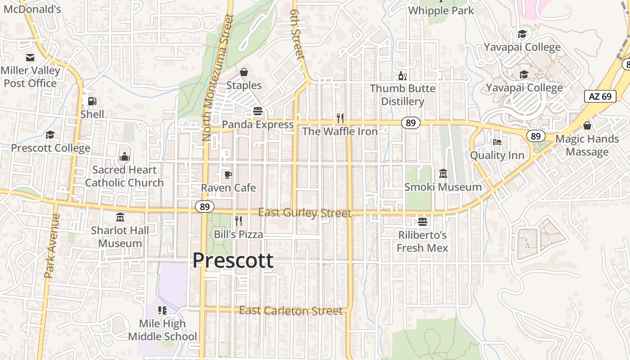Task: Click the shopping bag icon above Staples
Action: (244, 72)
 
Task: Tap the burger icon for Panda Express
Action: (258, 111)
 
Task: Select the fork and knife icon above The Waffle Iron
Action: (340, 118)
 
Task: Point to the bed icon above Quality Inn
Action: (497, 142)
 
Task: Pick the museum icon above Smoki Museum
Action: (443, 173)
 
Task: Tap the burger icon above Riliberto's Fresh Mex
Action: (422, 222)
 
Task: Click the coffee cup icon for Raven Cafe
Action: (228, 175)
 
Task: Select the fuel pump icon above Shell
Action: (92, 101)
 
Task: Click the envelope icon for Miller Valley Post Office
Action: (30, 58)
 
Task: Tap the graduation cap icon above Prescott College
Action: (50, 135)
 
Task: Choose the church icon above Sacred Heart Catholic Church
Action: (124, 157)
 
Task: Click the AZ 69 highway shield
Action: (600, 96)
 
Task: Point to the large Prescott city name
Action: (233, 261)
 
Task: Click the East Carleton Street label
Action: (291, 311)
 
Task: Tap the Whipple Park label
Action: (441, 10)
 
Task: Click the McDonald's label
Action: (31, 9)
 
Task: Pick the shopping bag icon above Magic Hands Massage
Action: (587, 126)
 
